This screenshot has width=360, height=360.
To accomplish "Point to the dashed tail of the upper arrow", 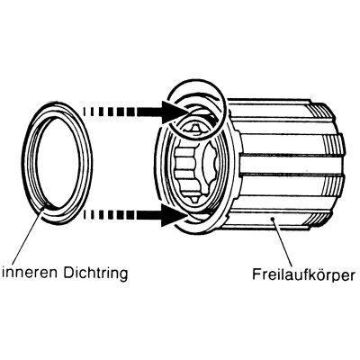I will tap(109, 112).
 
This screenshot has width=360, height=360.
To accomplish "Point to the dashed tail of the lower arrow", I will tap(108, 215).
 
